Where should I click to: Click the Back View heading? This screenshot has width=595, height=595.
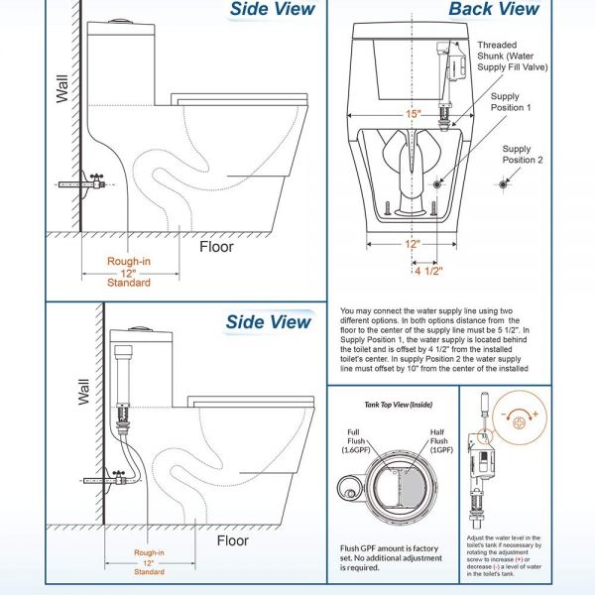click(x=493, y=10)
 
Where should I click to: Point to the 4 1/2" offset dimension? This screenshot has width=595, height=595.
click(x=427, y=270)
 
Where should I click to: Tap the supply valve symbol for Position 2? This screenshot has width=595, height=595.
click(x=504, y=183)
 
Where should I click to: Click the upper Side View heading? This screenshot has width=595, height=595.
click(x=272, y=10)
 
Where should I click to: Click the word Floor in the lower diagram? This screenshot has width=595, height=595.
click(x=233, y=540)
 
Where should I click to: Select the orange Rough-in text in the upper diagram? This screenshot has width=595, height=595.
click(x=129, y=262)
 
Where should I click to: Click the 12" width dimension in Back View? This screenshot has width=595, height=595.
click(x=412, y=243)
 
